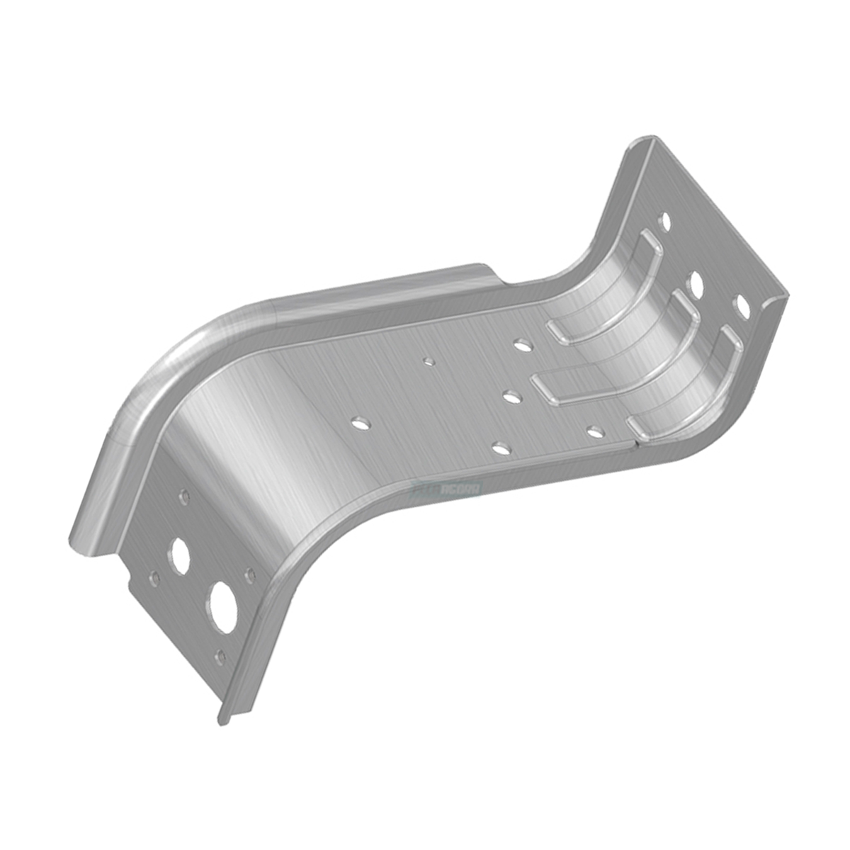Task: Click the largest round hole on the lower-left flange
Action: pyautogui.click(x=224, y=607)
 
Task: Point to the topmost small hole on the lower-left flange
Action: pyautogui.click(x=184, y=497)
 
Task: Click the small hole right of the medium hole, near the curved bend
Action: pyautogui.click(x=249, y=576)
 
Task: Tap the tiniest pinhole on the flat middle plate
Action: pyautogui.click(x=427, y=362)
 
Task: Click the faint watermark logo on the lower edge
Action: pyautogui.click(x=447, y=489)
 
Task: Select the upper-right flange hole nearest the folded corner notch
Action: pyautogui.click(x=742, y=306)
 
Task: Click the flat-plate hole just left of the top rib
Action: pyautogui.click(x=523, y=346)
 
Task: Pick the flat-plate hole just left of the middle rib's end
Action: pyautogui.click(x=511, y=397)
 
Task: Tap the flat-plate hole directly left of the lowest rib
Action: pyautogui.click(x=595, y=429)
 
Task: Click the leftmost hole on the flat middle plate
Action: pyautogui.click(x=361, y=423)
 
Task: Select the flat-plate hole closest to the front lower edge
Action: pyautogui.click(x=500, y=448)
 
